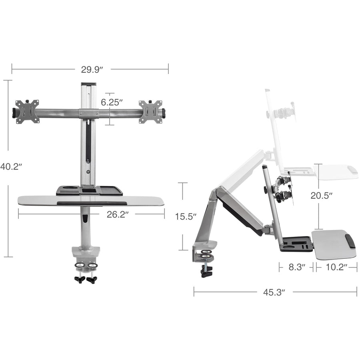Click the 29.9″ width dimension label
[x=92, y=69]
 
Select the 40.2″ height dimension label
[x=11, y=166]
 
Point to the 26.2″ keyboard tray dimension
[x=117, y=214]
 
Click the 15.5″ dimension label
[x=186, y=216]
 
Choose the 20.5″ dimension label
[x=322, y=196]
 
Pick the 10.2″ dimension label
[x=336, y=267]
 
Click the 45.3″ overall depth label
[x=274, y=292]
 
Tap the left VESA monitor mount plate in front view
[x=27, y=112]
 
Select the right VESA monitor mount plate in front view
[x=150, y=112]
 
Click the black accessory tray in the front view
[x=89, y=190]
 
